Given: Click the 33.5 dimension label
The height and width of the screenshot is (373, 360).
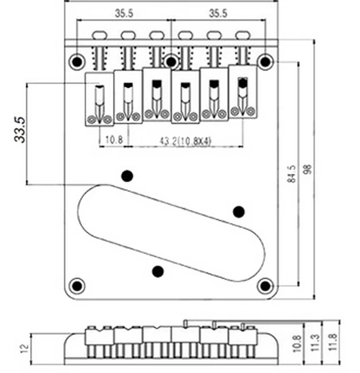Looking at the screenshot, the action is coord(20,130).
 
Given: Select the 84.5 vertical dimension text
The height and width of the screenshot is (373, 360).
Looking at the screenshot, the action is coord(292,174).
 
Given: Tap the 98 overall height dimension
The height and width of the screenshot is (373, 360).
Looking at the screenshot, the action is coord(308,169).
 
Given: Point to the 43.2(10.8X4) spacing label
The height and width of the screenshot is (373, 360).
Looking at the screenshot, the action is coord(185,141).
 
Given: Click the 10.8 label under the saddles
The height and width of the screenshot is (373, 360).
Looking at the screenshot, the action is coord(114,139).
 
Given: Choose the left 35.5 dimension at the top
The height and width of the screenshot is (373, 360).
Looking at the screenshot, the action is coord(124,13).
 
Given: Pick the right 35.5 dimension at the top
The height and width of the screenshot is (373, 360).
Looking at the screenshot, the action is coord(218,13).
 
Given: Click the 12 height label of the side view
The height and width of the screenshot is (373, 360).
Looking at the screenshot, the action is coord(24,349).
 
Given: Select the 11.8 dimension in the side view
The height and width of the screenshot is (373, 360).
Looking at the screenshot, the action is coord(333,342).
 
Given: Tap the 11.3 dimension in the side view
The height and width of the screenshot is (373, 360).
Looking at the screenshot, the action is coord(315,342).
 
